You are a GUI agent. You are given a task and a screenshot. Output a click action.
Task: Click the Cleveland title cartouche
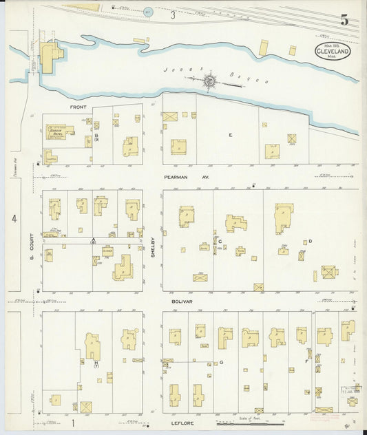coord(332,50)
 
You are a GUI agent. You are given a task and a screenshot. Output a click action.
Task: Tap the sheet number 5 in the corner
coord(344,21)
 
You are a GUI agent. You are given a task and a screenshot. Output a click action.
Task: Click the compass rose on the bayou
coord(209,81)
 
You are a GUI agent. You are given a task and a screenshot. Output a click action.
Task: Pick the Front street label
coord(77,108)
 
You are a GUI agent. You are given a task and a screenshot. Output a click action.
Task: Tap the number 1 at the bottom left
coord(72,421)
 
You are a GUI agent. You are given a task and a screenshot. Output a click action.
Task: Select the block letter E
coord(231,135)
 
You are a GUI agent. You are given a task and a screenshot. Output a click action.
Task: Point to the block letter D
coord(311,241)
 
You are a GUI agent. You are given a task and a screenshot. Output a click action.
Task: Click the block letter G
coord(222,362)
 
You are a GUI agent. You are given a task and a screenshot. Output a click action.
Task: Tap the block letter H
coord(96,362)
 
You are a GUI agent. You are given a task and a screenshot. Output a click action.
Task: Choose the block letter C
coord(220,242)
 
